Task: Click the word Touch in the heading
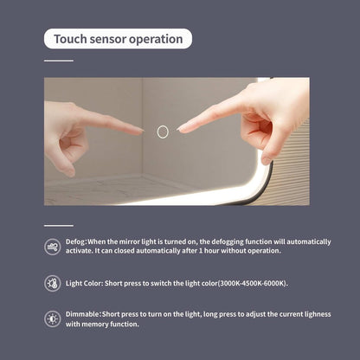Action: pyautogui.click(x=70, y=39)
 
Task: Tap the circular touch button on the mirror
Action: pyautogui.click(x=163, y=132)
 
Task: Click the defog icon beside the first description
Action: pyautogui.click(x=53, y=247)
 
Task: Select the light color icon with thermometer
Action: pyautogui.click(x=53, y=283)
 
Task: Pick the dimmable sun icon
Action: pyautogui.click(x=53, y=319)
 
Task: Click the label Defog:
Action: pyautogui.click(x=76, y=241)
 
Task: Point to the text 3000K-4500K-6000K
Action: pyautogui.click(x=253, y=283)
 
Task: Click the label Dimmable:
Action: pyautogui.click(x=83, y=314)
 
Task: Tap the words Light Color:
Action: pyautogui.click(x=84, y=283)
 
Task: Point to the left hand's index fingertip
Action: pyautogui.click(x=142, y=132)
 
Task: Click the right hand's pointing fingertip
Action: pyautogui.click(x=179, y=129)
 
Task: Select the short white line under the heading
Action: pyautogui.click(x=59, y=61)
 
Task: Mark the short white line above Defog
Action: pyautogui.click(x=59, y=225)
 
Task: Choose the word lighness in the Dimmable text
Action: pyautogui.click(x=317, y=314)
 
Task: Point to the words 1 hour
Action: pyautogui.click(x=209, y=251)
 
